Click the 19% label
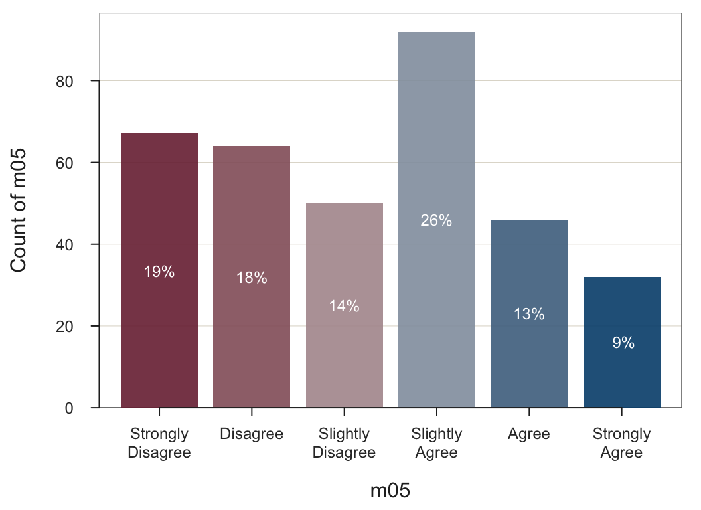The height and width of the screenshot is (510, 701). click(x=159, y=272)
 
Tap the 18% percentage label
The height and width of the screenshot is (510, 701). click(x=252, y=278)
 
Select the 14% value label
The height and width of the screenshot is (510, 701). click(x=344, y=306)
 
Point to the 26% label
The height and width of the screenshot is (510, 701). click(x=436, y=221)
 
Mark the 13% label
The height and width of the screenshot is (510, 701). click(x=529, y=315)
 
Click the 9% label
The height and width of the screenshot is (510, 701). click(x=623, y=343)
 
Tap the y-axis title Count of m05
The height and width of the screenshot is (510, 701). click(x=19, y=210)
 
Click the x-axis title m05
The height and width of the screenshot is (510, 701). click(x=390, y=491)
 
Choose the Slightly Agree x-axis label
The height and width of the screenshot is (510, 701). click(x=436, y=443)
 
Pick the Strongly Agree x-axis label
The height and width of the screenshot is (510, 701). click(x=621, y=443)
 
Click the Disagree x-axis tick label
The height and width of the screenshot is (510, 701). click(x=252, y=434)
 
